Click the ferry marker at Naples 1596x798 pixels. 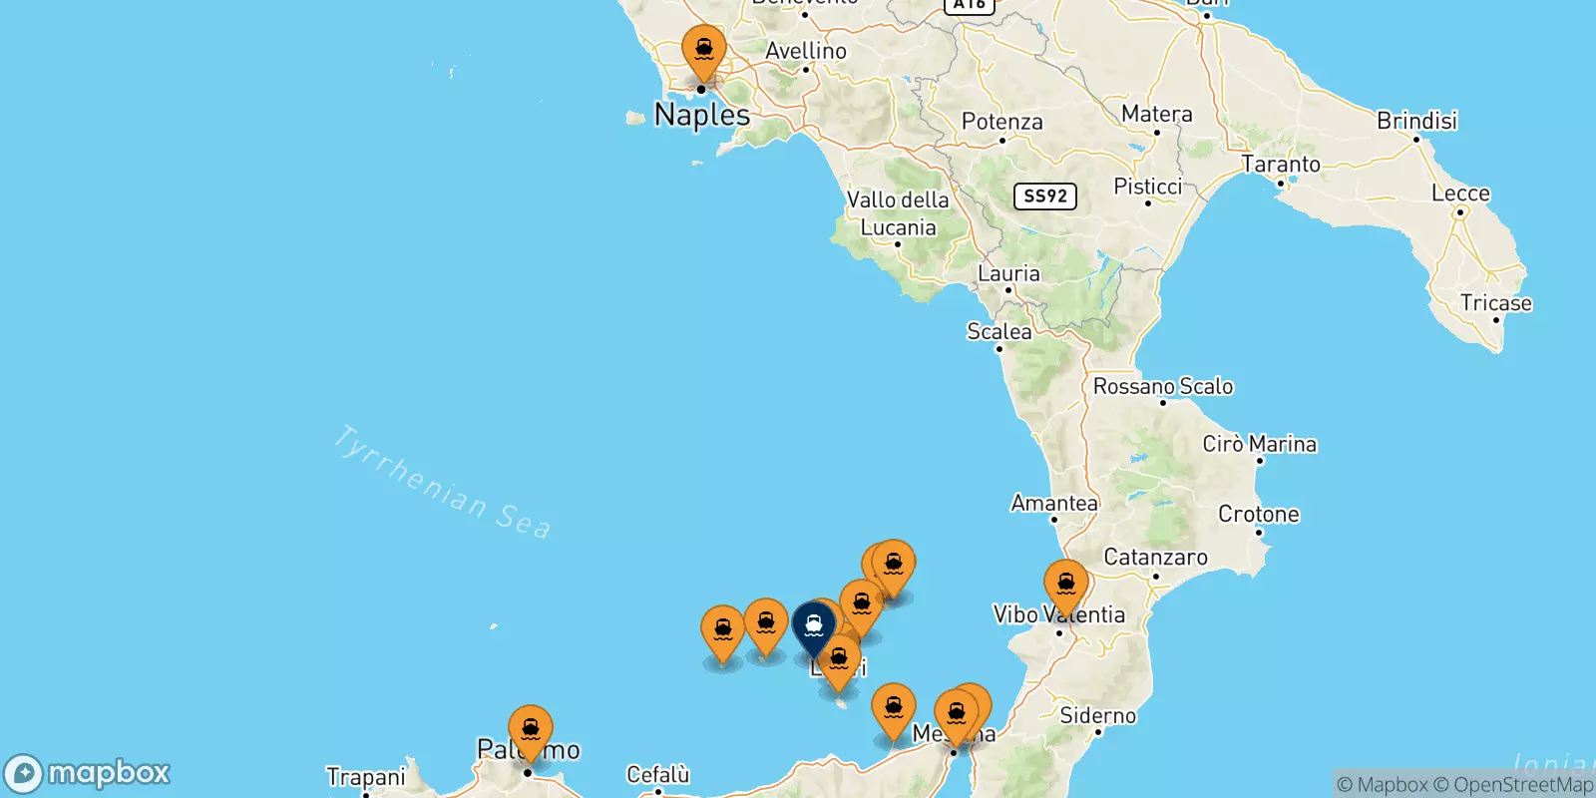pos(704,50)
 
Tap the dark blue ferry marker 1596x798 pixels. pos(814,627)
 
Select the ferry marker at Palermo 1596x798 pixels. pos(530,730)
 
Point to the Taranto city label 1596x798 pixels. pos(1281,165)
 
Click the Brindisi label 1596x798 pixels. pos(1416,121)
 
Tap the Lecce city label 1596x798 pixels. pos(1460,194)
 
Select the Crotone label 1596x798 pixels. pos(1258,515)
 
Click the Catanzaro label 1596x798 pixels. pos(1155,558)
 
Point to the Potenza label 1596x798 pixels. pos(1001,122)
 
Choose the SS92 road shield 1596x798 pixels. pos(1044,196)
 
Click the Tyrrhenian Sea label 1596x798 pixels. pos(441,483)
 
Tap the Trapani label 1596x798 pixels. pos(365,777)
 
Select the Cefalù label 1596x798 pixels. pos(657,774)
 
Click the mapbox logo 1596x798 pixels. pos(88,773)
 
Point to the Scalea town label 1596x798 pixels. pos(998,331)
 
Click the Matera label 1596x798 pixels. pos(1156,114)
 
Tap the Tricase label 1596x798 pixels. pos(1495,303)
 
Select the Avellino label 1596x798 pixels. pos(805,51)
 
